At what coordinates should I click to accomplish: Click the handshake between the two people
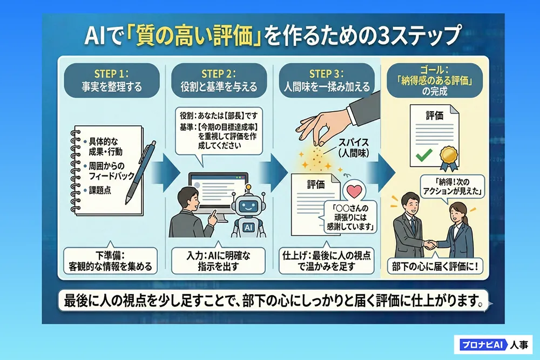(x=429, y=244)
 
